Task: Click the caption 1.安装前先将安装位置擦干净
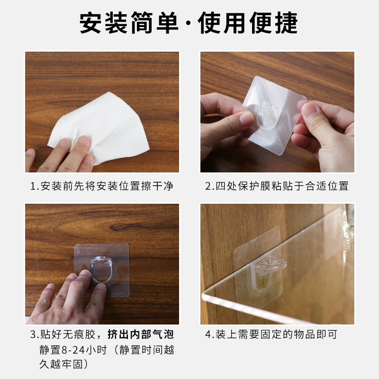tap(102, 186)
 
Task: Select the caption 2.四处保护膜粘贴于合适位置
tap(277, 186)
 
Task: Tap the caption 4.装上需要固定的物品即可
tap(271, 335)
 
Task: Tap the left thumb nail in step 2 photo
tap(246, 118)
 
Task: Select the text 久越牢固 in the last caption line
tap(66, 365)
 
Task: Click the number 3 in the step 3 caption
tap(34, 335)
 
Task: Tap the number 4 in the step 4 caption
tap(208, 335)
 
